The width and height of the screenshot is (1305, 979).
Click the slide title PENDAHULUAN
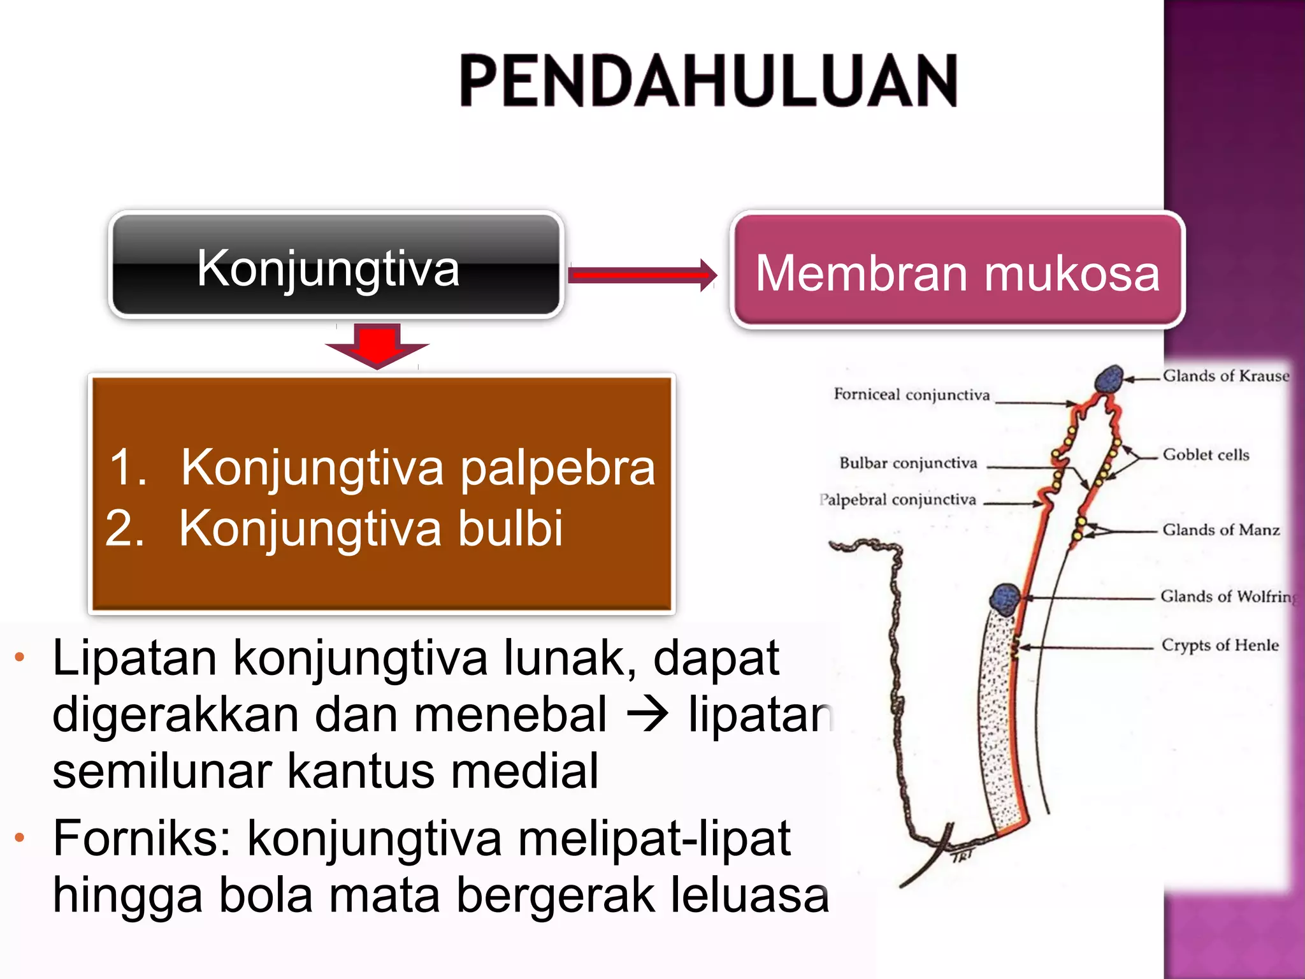click(709, 81)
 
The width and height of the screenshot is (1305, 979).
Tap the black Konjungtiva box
click(336, 265)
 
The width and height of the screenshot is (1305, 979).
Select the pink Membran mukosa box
click(957, 271)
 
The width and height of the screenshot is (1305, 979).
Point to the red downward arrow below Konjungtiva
click(377, 345)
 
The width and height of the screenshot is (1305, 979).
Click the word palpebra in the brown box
click(557, 468)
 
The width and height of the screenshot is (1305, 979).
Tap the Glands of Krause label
click(1225, 376)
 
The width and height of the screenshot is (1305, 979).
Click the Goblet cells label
click(1206, 455)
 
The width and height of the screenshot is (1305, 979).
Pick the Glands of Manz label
click(1221, 530)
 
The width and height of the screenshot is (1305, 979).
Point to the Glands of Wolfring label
click(1228, 597)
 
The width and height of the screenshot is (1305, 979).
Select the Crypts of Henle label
click(1220, 645)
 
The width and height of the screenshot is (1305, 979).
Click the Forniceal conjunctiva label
click(911, 395)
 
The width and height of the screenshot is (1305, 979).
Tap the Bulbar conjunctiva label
click(908, 463)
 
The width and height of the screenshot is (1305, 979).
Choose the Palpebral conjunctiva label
click(898, 500)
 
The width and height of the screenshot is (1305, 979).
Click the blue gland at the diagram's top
click(1109, 380)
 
